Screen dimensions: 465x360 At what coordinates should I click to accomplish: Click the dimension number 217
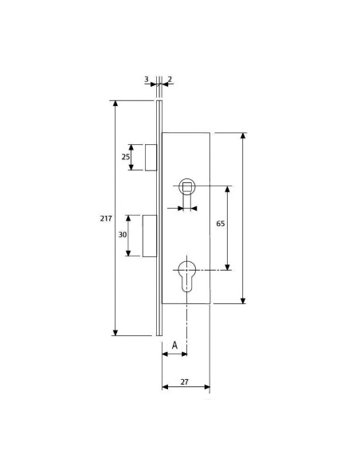(106, 218)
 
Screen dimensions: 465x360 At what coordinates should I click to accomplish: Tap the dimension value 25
(125, 157)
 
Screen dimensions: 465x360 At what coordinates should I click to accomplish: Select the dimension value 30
(123, 235)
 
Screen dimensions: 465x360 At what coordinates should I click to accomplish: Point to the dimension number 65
(221, 224)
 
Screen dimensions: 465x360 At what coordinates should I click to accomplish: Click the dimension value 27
(184, 382)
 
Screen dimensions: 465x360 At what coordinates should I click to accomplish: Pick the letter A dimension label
(174, 346)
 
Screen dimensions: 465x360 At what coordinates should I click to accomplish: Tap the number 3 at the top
(146, 80)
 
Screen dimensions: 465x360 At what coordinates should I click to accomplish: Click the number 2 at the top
(170, 80)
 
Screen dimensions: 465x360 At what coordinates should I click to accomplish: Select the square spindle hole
(187, 187)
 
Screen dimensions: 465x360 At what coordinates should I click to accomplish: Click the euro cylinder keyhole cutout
(187, 275)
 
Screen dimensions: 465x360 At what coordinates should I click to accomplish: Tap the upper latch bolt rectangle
(150, 157)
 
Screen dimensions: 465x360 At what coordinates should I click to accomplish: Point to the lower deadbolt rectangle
(149, 236)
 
